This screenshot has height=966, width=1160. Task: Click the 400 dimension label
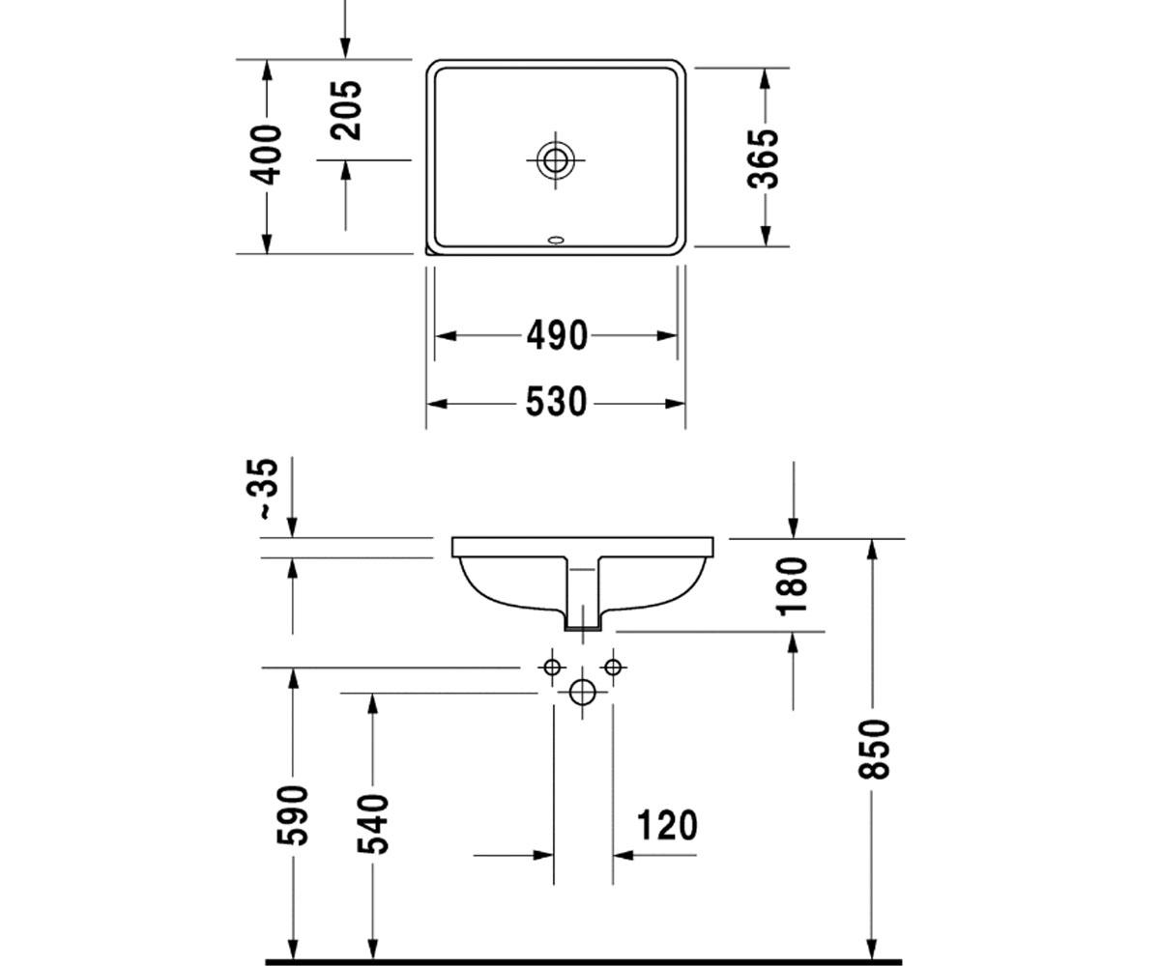(266, 155)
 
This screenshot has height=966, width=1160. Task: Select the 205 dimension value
(345, 110)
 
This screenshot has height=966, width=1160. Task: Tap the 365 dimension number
(764, 158)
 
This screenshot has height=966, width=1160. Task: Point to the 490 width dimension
(557, 336)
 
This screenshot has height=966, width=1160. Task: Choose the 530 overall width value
(556, 402)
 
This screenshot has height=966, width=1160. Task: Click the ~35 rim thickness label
(261, 489)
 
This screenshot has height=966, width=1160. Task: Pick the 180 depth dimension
(793, 586)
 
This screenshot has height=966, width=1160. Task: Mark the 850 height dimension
(874, 749)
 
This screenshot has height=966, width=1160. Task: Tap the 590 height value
(292, 815)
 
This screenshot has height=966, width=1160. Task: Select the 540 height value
(373, 824)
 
